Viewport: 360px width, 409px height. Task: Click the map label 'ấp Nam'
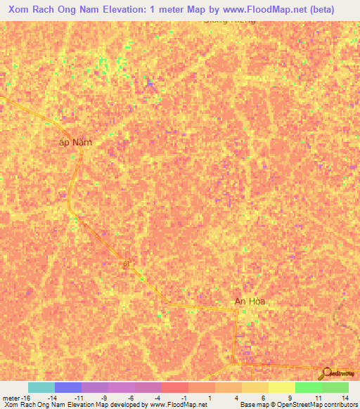(75, 142)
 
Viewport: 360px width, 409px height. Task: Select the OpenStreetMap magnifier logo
(326, 373)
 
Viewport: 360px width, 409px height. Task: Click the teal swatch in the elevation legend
(41, 387)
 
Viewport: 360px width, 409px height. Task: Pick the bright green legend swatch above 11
(308, 387)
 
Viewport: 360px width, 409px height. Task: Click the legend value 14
(345, 398)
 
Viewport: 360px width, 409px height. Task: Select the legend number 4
(239, 398)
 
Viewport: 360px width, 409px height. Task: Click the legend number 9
(291, 398)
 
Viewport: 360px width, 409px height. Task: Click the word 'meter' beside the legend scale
(11, 398)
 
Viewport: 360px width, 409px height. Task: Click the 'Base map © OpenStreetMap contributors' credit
(298, 405)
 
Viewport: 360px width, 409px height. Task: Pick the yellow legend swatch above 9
(281, 387)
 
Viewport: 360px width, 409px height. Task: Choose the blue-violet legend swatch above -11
(67, 387)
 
